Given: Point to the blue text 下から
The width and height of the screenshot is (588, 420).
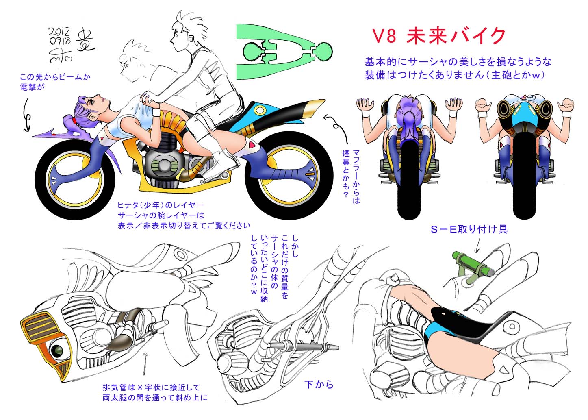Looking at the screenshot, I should click(319, 384).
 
